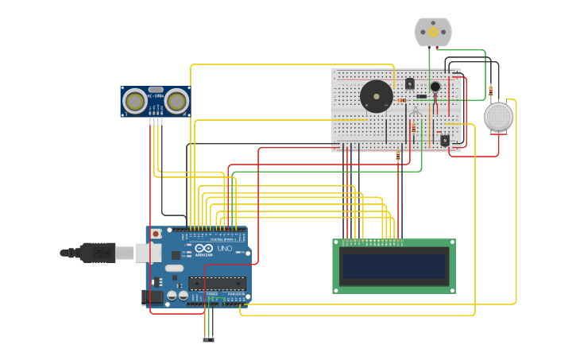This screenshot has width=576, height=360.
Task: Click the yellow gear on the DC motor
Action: (433, 32)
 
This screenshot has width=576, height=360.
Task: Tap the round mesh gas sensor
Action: (498, 117)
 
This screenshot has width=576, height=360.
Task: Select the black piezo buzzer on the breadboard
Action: (377, 97)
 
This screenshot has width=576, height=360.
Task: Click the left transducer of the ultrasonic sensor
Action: (135, 101)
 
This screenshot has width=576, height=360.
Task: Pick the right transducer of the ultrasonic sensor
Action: (176, 101)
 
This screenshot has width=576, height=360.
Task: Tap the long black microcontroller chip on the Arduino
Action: (216, 282)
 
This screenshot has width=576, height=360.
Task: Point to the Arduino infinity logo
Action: (203, 249)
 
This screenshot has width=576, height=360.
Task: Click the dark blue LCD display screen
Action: (393, 265)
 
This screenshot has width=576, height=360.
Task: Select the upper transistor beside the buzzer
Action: (409, 83)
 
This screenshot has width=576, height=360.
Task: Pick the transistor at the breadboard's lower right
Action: (444, 140)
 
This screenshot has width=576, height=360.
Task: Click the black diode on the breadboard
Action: (421, 97)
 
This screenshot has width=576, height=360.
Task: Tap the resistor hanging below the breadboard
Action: (398, 157)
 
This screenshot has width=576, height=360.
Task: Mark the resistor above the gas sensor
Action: (490, 89)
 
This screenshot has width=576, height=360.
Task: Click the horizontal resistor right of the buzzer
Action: (401, 100)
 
